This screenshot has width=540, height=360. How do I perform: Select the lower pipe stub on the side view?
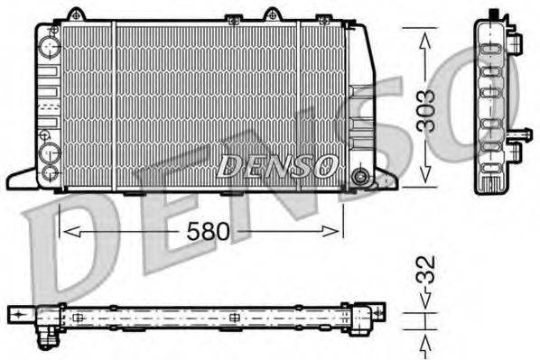517,136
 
